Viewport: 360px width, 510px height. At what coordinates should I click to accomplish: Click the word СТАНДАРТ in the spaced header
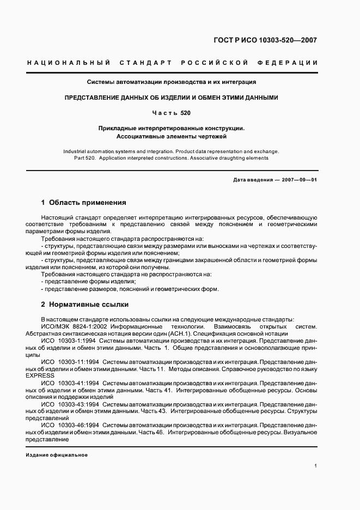point(142,63)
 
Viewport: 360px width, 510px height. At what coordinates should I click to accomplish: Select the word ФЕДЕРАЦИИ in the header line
point(291,63)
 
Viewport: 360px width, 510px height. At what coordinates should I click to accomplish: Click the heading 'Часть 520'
point(172,113)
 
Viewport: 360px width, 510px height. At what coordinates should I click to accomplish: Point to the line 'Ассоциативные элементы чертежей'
point(172,136)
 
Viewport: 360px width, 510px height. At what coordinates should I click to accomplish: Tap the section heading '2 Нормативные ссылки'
point(84,304)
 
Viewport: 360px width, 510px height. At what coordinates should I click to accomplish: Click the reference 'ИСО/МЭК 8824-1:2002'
point(74,326)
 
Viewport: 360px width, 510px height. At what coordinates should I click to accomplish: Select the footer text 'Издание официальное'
point(57,454)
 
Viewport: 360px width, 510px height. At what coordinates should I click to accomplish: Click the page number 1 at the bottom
point(316,465)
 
